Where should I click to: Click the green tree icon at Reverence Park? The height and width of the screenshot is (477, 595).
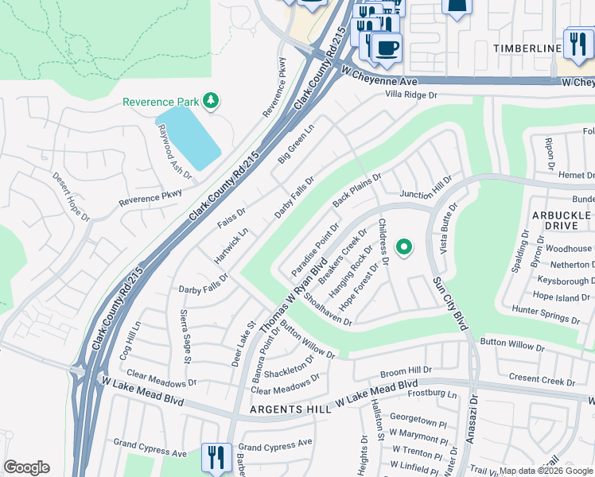[211, 101]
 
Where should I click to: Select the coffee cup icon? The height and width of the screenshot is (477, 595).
[387, 48]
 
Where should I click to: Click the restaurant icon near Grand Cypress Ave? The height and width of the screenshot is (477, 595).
[216, 456]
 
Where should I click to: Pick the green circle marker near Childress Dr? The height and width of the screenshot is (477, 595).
[404, 247]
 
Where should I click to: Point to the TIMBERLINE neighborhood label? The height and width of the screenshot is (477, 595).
[527, 49]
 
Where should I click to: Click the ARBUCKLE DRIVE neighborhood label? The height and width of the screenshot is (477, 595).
[562, 221]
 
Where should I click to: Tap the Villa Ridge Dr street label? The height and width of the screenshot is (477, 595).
[411, 95]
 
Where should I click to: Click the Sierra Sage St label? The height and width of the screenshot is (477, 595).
[186, 336]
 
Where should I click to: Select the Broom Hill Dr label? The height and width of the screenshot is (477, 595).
[406, 370]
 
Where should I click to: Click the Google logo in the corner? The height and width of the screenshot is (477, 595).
[26, 467]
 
